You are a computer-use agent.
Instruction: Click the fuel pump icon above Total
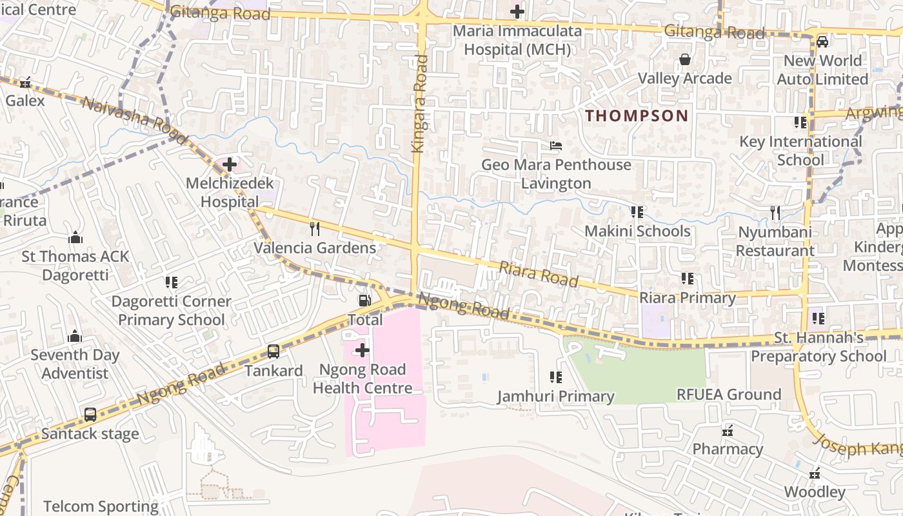click(x=364, y=301)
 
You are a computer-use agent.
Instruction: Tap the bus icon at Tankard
click(x=273, y=352)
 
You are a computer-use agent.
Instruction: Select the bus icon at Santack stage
click(x=90, y=415)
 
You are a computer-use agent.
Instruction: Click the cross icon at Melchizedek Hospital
click(x=230, y=164)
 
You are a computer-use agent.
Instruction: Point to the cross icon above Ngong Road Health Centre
click(x=362, y=350)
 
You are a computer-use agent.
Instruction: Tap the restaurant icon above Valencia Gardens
click(x=315, y=228)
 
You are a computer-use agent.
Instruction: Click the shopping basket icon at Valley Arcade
click(x=684, y=60)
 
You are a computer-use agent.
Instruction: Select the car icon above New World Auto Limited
click(x=822, y=42)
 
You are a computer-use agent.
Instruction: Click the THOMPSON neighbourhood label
click(x=637, y=116)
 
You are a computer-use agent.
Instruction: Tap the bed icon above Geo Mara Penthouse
click(x=556, y=146)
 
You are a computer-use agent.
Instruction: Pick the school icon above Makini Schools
click(x=637, y=212)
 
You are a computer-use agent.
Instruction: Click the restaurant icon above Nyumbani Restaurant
click(x=775, y=212)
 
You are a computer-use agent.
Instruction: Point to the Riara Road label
click(x=539, y=274)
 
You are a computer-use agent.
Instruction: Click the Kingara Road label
click(x=421, y=103)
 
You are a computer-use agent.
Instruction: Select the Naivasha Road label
click(x=135, y=121)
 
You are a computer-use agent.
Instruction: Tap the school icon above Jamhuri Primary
click(x=555, y=377)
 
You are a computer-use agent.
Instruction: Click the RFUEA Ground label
click(x=728, y=394)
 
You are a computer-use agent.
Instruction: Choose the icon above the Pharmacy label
click(x=728, y=430)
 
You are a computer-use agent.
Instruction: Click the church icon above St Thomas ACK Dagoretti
click(x=75, y=237)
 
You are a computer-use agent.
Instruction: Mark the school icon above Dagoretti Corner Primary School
click(x=171, y=283)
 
